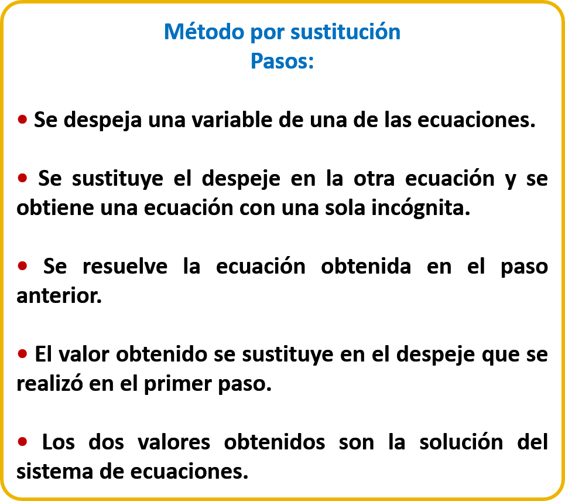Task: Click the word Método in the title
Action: click(x=204, y=32)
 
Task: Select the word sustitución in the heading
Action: click(x=345, y=32)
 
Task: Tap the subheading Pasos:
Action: click(x=282, y=61)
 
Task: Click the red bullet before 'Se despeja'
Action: click(x=22, y=119)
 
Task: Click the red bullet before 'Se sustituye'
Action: click(x=22, y=178)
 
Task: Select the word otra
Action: click(x=374, y=179)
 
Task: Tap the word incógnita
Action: click(x=420, y=209)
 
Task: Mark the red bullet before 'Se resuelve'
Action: click(x=22, y=266)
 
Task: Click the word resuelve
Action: click(x=125, y=267)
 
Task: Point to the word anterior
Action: click(x=59, y=296)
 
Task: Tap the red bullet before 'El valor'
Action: click(x=22, y=354)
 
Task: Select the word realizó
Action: click(x=50, y=383)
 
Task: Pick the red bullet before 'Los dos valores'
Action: click(x=22, y=441)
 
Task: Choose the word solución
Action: click(x=461, y=442)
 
